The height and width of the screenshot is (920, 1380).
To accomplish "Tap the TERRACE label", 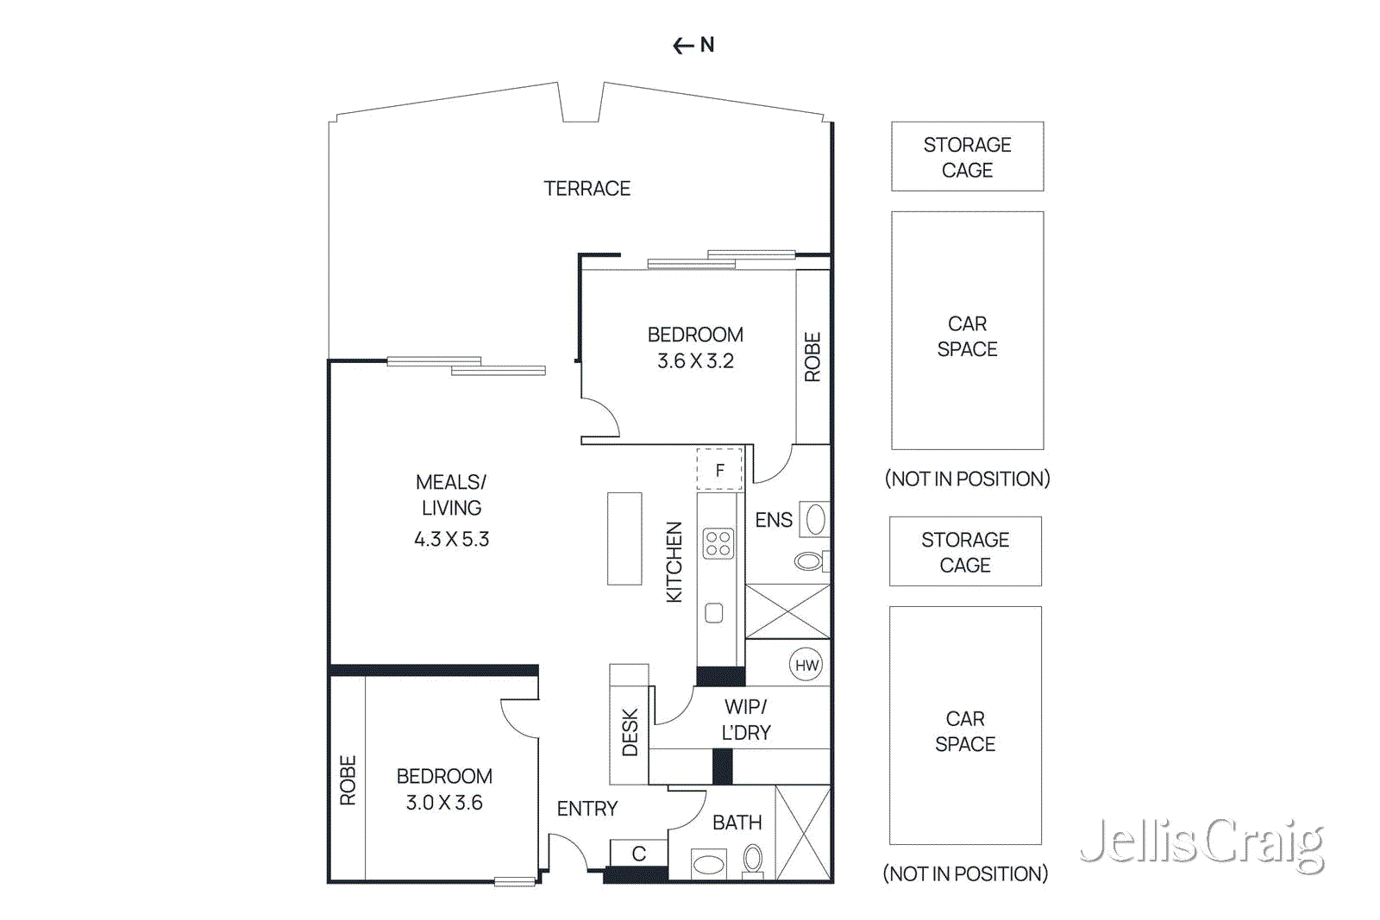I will (x=586, y=188).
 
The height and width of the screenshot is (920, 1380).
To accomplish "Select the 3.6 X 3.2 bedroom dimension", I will (x=695, y=361).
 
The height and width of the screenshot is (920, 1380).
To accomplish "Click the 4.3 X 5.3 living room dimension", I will (x=451, y=539).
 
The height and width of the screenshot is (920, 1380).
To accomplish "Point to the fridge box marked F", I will (x=719, y=470).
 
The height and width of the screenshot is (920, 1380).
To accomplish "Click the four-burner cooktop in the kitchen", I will (x=718, y=543).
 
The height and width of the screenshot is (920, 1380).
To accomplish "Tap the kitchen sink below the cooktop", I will (x=714, y=613).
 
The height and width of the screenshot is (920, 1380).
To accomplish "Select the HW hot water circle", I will (x=806, y=665).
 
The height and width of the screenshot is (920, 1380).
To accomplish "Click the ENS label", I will (x=774, y=520).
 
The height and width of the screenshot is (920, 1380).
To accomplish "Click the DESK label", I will (x=630, y=733).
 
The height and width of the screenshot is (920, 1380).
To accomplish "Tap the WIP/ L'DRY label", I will (x=746, y=719).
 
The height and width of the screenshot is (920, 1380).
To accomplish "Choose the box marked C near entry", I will (x=638, y=853).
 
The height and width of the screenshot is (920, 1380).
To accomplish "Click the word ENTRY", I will (x=587, y=809).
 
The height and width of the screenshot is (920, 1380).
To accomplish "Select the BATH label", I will (x=737, y=823).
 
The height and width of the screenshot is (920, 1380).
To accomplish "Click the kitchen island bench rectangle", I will (x=624, y=539).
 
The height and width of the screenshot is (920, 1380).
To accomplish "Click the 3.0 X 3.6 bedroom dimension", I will (x=444, y=803).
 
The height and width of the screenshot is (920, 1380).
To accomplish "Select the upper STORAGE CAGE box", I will (x=967, y=156).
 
